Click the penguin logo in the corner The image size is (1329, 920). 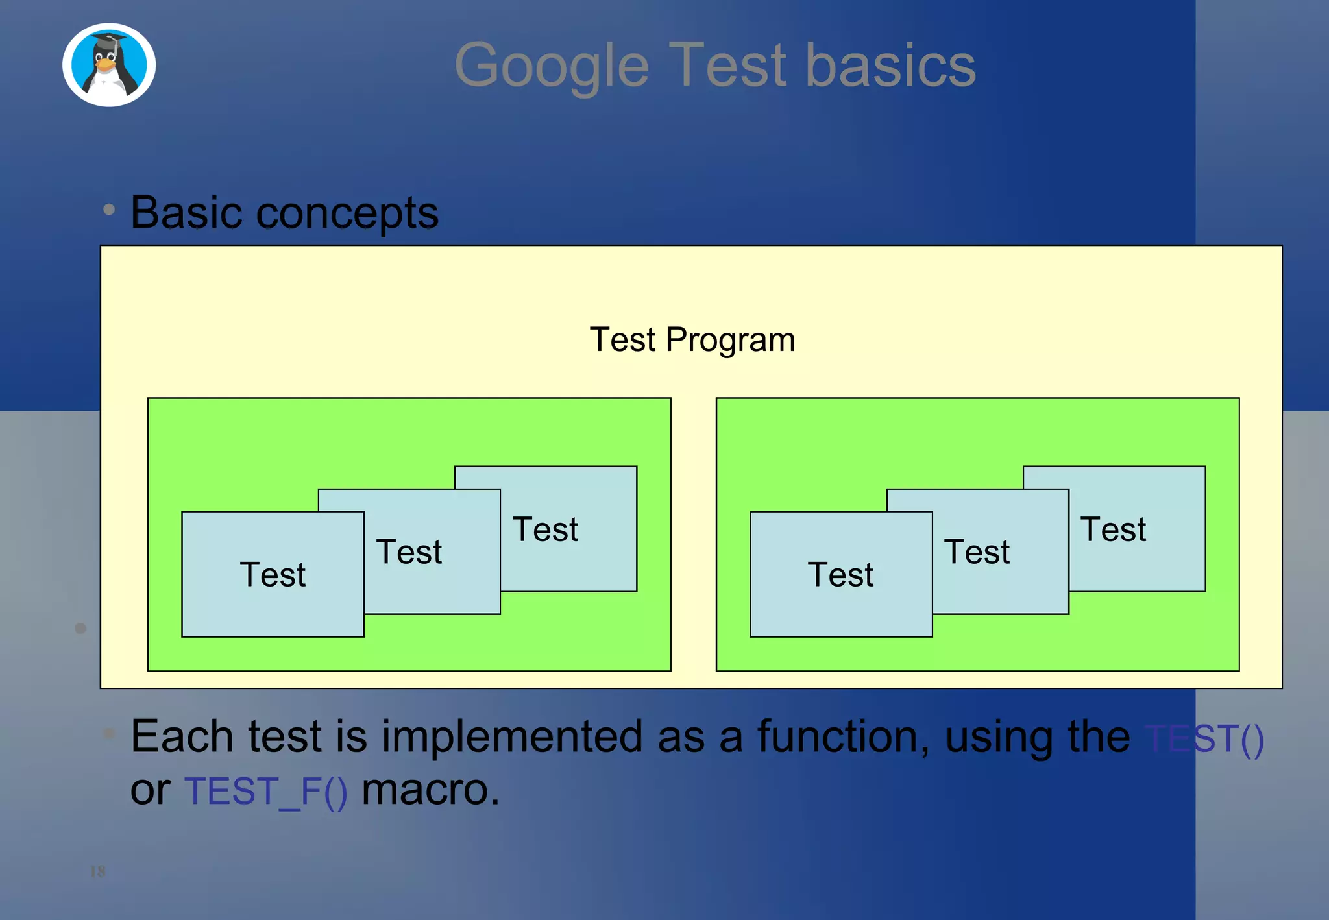[x=109, y=65]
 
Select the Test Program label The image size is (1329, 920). [x=692, y=340]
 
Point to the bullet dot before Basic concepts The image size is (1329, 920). [x=109, y=210]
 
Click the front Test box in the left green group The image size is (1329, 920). [x=273, y=575]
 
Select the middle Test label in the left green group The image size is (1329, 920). [x=409, y=552]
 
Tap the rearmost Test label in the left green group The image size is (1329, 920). [x=545, y=529]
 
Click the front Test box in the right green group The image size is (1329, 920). [x=841, y=575]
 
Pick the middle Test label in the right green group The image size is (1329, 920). [x=977, y=552]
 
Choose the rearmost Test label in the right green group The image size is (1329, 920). [x=1113, y=529]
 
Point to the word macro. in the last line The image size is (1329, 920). [x=430, y=790]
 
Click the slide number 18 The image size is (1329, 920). [x=97, y=871]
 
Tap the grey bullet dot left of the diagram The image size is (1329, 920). [x=80, y=628]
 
